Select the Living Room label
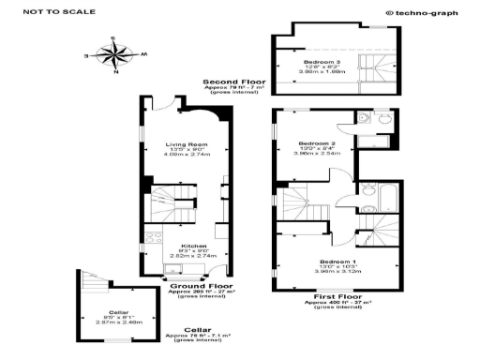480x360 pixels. coord(186,144)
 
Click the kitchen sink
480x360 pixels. coord(172,269)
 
